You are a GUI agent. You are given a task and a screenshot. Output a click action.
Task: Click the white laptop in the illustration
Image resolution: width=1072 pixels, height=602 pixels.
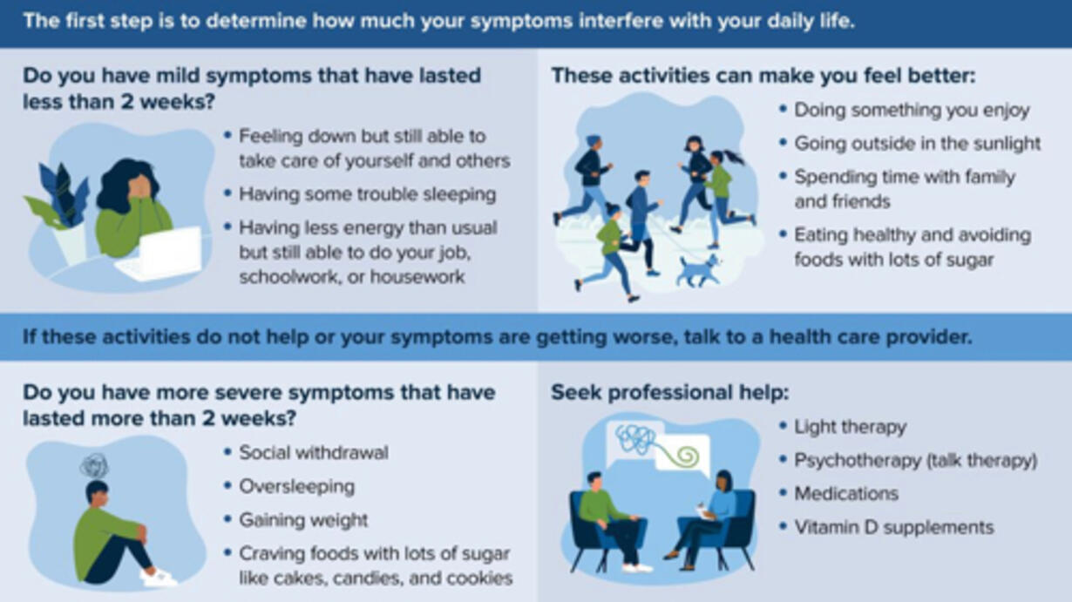(x=160, y=254)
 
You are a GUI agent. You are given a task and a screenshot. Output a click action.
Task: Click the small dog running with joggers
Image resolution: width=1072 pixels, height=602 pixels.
(x=700, y=270)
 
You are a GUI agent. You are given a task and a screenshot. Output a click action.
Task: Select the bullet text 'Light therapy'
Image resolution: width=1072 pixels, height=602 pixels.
(x=851, y=427)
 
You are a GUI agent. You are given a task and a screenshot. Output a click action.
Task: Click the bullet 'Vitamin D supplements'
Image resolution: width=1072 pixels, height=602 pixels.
(x=894, y=527)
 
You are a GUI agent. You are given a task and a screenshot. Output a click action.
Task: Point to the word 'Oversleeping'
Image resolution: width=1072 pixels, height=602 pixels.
(x=296, y=487)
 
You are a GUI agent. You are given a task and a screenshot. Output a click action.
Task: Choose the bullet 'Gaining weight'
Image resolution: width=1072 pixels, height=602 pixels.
(x=303, y=520)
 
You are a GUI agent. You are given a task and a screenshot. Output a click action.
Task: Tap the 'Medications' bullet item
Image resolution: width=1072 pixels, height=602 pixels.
(x=846, y=494)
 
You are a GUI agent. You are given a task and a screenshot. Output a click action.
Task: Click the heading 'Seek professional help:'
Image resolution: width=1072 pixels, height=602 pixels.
(x=670, y=392)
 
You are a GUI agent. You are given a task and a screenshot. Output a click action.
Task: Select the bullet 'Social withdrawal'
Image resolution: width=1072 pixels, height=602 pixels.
(x=314, y=453)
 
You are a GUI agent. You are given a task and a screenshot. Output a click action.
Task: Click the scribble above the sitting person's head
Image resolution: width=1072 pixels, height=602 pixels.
(x=94, y=465)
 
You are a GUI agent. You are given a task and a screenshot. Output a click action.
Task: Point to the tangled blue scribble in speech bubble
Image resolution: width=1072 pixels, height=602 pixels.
(x=635, y=439)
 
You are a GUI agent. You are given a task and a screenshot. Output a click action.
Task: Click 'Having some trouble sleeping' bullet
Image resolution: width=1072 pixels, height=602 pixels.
(x=368, y=194)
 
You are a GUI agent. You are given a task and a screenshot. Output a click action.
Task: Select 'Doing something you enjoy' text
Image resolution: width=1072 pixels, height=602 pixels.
(x=912, y=110)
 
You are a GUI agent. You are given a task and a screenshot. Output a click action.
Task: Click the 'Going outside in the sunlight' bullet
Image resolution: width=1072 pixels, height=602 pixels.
(x=918, y=144)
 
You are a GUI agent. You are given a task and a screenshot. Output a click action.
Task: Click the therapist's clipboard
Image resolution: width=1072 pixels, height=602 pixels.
(x=704, y=511)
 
